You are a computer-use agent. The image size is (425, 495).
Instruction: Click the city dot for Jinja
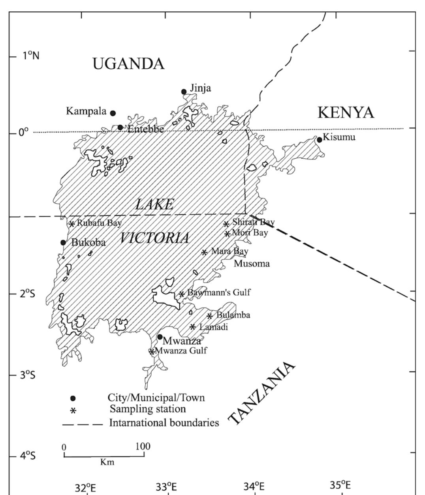pos(184,92)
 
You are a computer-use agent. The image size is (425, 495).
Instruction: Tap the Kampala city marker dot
pos(113,113)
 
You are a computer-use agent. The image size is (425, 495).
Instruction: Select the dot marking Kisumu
pos(320,140)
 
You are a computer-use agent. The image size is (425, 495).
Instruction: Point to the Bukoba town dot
pos(63,242)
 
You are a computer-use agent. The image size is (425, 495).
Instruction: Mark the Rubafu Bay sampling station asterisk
pos(72,224)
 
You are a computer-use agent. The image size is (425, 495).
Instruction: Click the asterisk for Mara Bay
pos(204,252)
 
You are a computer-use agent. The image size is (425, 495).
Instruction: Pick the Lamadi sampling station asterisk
pos(193,326)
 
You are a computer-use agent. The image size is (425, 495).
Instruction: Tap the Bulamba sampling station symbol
pos(210,315)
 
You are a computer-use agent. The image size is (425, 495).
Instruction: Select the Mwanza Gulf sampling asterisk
pos(152,351)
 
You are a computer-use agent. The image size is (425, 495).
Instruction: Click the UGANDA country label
pos(128,64)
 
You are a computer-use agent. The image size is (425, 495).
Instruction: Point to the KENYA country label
pos(346,112)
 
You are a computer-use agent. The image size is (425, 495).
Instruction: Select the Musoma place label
pos(252,263)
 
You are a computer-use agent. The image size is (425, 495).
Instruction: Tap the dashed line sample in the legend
pos(83,424)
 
